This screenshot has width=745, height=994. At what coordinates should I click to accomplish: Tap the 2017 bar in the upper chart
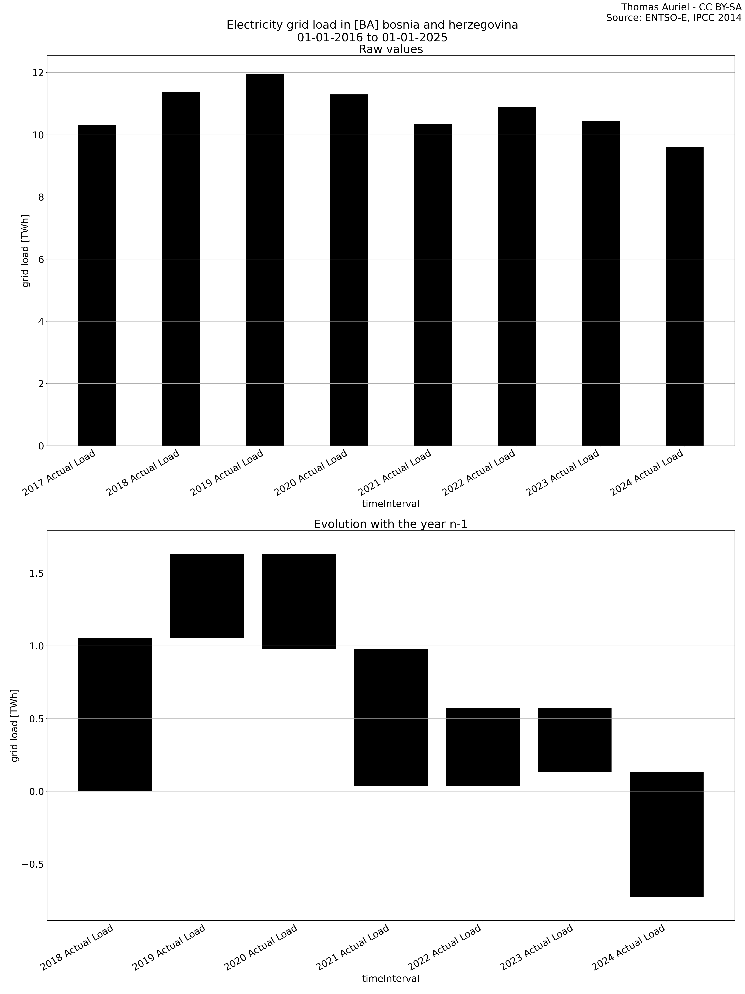[x=97, y=285]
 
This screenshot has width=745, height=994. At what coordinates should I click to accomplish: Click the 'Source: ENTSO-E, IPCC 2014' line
[x=674, y=18]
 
